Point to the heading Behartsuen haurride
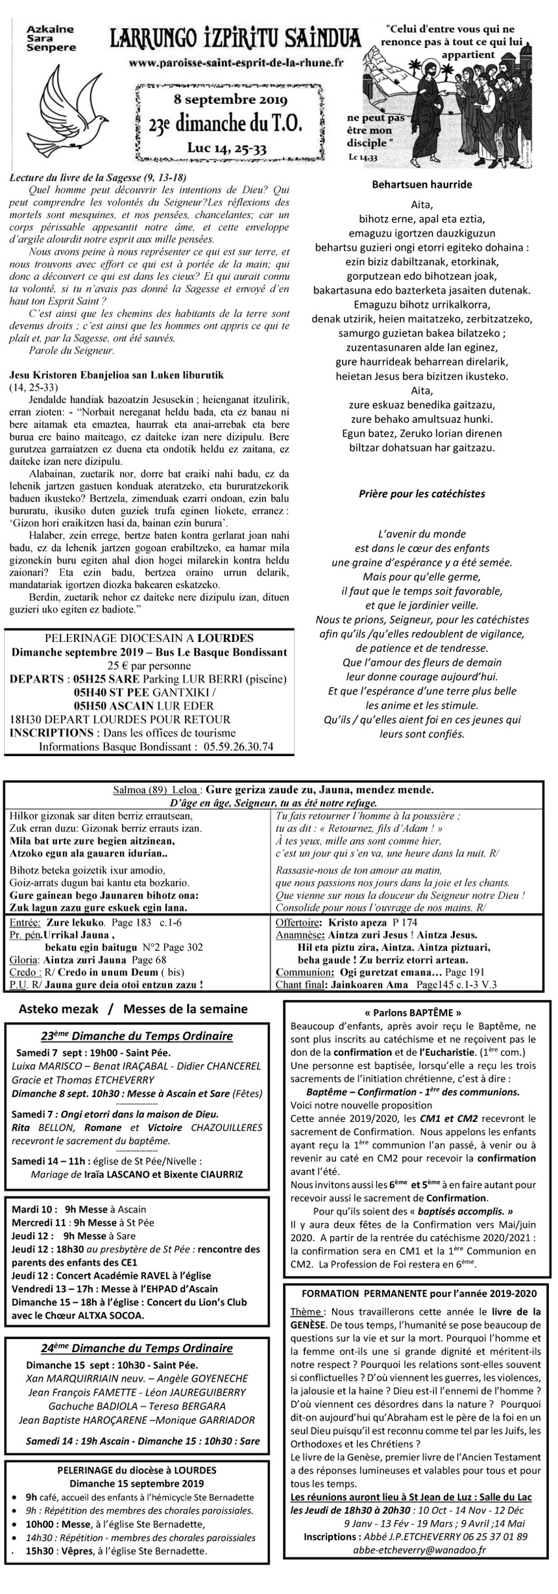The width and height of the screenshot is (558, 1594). [x=422, y=185]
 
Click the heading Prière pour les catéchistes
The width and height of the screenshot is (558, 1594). [x=422, y=494]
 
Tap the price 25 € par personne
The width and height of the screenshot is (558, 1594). [x=149, y=665]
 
